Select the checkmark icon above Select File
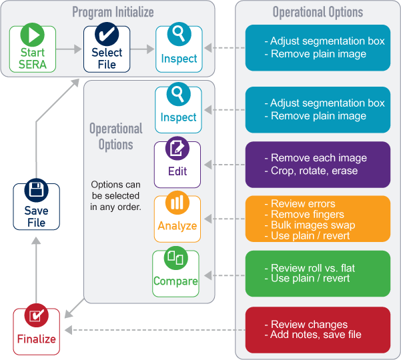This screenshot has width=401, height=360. pos(107,35)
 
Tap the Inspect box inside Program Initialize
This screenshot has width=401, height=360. pos(179,49)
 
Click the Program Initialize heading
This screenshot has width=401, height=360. pos(113,12)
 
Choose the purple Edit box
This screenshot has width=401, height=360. pos(177,163)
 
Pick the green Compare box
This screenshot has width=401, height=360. pos(175,272)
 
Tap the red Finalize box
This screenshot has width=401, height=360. pos(36,331)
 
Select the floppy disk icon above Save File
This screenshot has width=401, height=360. pos(36,191)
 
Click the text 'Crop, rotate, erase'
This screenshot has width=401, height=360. pos(314,171)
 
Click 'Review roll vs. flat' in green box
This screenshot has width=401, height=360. pos(313,268)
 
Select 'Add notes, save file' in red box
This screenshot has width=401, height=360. pos(316,334)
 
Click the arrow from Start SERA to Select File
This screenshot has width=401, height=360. pos(69,49)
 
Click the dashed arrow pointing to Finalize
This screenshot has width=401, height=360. pos(153,330)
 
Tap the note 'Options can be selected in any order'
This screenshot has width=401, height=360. pos(115,195)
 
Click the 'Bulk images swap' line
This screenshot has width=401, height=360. pos(312,225)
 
